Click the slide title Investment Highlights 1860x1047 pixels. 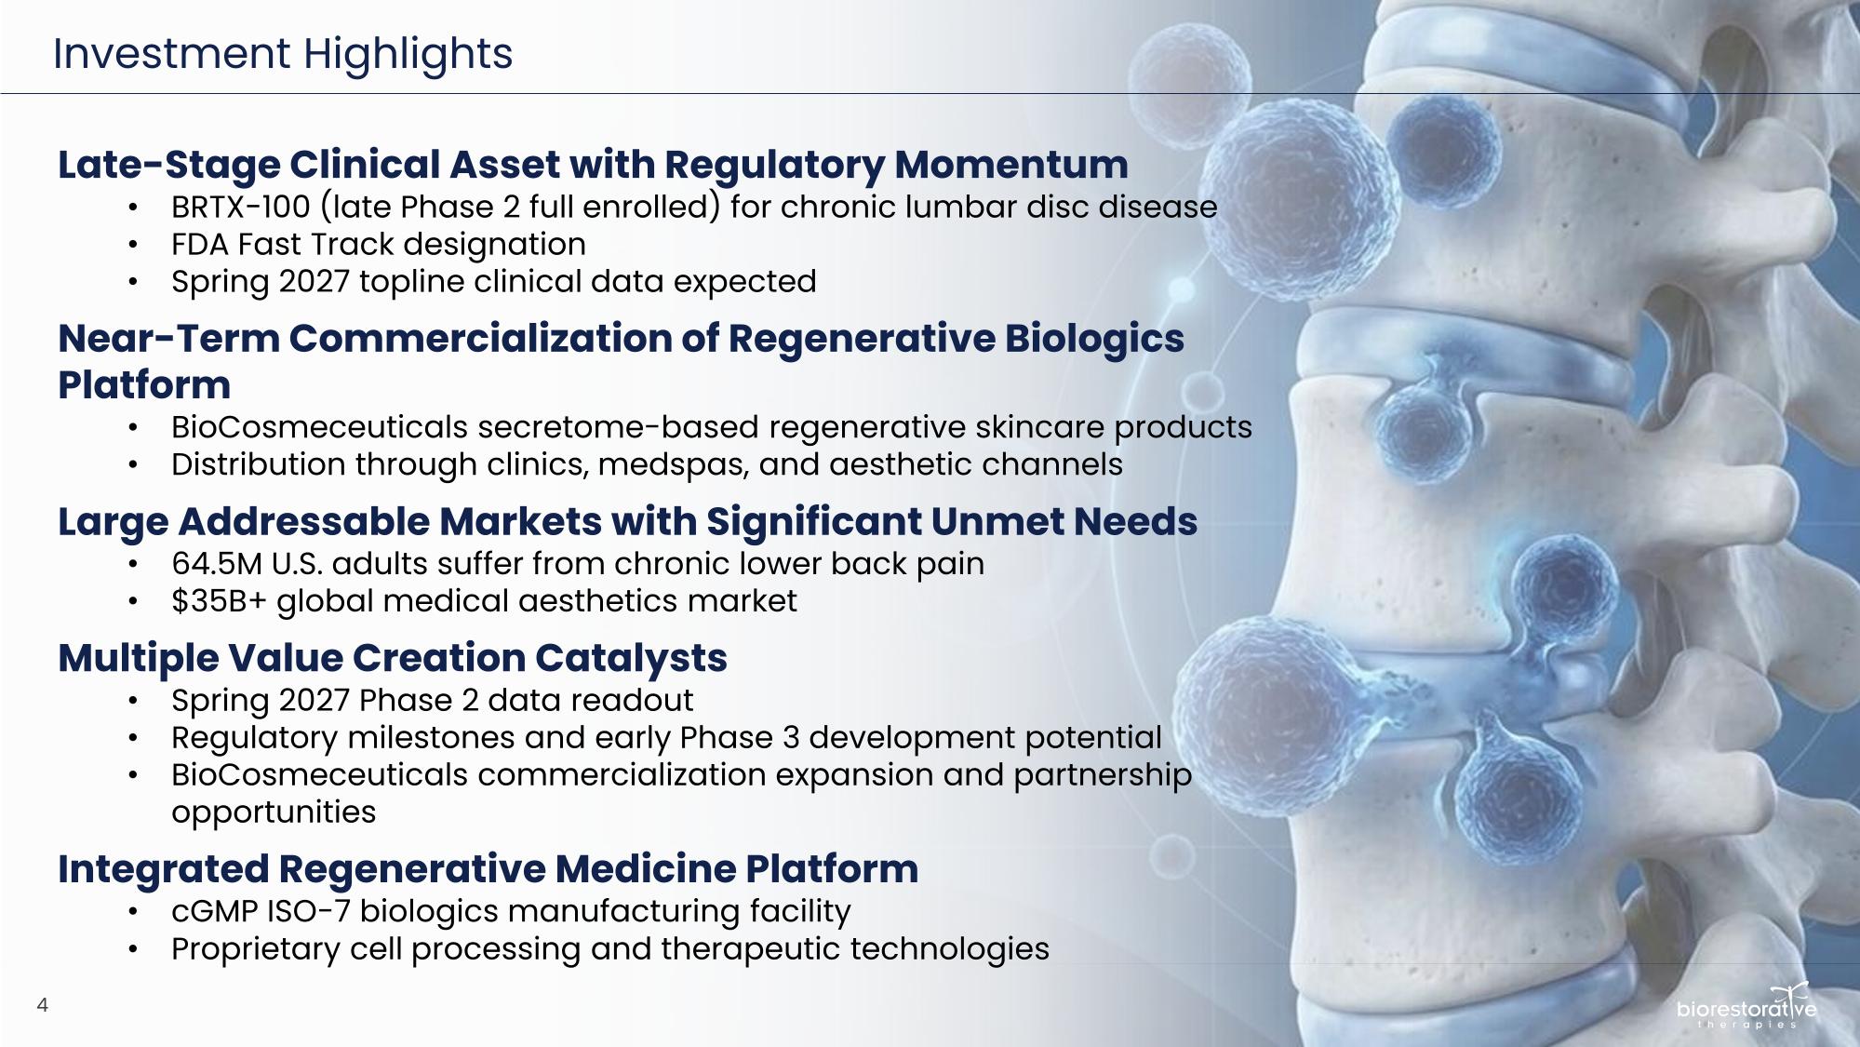click(x=283, y=54)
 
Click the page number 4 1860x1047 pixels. click(x=42, y=1004)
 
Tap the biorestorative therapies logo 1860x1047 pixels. click(x=1746, y=1006)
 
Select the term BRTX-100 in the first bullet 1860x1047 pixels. click(x=240, y=207)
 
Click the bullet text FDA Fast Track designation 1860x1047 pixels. click(x=379, y=244)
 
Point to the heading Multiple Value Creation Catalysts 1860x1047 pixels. click(x=393, y=658)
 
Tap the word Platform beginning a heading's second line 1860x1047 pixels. click(x=144, y=384)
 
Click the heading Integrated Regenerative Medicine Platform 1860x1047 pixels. click(x=488, y=869)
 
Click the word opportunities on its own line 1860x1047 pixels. click(x=274, y=812)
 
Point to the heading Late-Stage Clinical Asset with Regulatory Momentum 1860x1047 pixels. click(x=593, y=165)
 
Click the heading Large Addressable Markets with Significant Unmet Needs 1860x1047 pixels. click(x=628, y=522)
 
